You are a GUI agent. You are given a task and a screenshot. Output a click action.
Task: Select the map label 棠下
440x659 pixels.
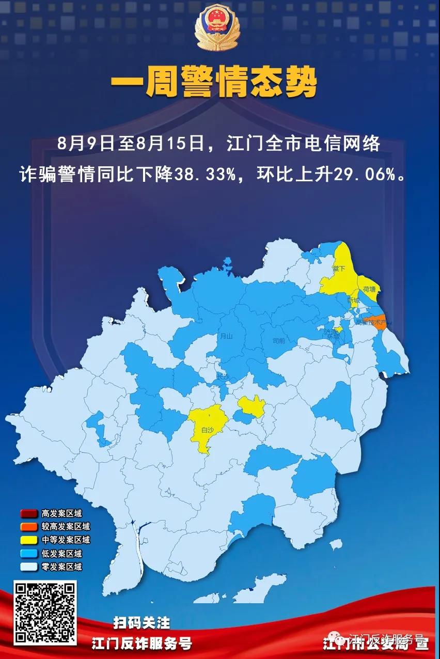tap(338, 269)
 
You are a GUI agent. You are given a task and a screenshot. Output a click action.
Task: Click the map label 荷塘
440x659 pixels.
tap(369, 289)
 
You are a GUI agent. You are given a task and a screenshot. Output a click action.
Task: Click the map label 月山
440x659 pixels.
tap(226, 336)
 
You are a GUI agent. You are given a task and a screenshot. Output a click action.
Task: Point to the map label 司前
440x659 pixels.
tap(279, 341)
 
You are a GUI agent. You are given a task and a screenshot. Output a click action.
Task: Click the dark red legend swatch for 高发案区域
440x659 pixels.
tap(28, 514)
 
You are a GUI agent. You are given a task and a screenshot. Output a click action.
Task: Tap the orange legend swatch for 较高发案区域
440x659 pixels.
tap(28, 527)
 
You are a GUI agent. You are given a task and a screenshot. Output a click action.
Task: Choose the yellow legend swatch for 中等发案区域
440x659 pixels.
tap(28, 540)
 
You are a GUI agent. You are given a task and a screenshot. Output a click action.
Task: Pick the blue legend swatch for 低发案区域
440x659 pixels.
tap(28, 554)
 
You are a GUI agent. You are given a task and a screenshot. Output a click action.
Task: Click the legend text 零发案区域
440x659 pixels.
tap(61, 567)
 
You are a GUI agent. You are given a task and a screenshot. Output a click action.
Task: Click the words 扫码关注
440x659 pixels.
tap(142, 623)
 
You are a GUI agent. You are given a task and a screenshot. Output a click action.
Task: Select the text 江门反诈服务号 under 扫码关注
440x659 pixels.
tap(142, 644)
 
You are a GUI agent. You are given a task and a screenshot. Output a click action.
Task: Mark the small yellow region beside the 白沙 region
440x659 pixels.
tap(252, 406)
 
